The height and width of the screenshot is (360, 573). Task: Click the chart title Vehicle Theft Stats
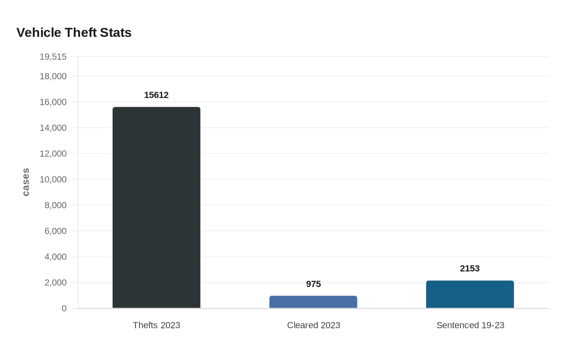(x=74, y=32)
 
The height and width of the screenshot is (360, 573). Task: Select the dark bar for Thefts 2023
(x=156, y=207)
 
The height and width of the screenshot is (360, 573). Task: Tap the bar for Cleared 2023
(x=313, y=302)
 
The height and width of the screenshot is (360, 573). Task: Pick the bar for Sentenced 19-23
(x=470, y=294)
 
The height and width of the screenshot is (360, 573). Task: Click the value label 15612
(x=156, y=95)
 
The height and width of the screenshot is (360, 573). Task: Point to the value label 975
(x=314, y=284)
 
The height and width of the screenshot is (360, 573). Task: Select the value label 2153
(x=470, y=268)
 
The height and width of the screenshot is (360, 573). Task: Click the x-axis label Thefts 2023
(x=156, y=325)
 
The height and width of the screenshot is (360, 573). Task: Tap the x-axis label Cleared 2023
(x=314, y=325)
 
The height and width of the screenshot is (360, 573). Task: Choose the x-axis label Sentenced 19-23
(x=470, y=325)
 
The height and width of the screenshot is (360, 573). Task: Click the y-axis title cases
(x=26, y=182)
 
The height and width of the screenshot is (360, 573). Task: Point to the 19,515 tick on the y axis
(x=53, y=56)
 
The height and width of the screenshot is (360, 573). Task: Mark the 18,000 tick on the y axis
(x=53, y=76)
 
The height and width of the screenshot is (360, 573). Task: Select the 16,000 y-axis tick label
(x=53, y=102)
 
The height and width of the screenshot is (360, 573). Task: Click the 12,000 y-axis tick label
(x=53, y=153)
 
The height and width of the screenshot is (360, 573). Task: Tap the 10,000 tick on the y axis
(x=53, y=179)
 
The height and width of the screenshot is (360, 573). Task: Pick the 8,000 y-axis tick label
(x=56, y=205)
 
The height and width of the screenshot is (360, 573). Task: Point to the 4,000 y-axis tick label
(x=56, y=257)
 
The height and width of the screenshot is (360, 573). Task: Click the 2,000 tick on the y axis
(x=56, y=283)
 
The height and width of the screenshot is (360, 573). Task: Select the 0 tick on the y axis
(x=64, y=308)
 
